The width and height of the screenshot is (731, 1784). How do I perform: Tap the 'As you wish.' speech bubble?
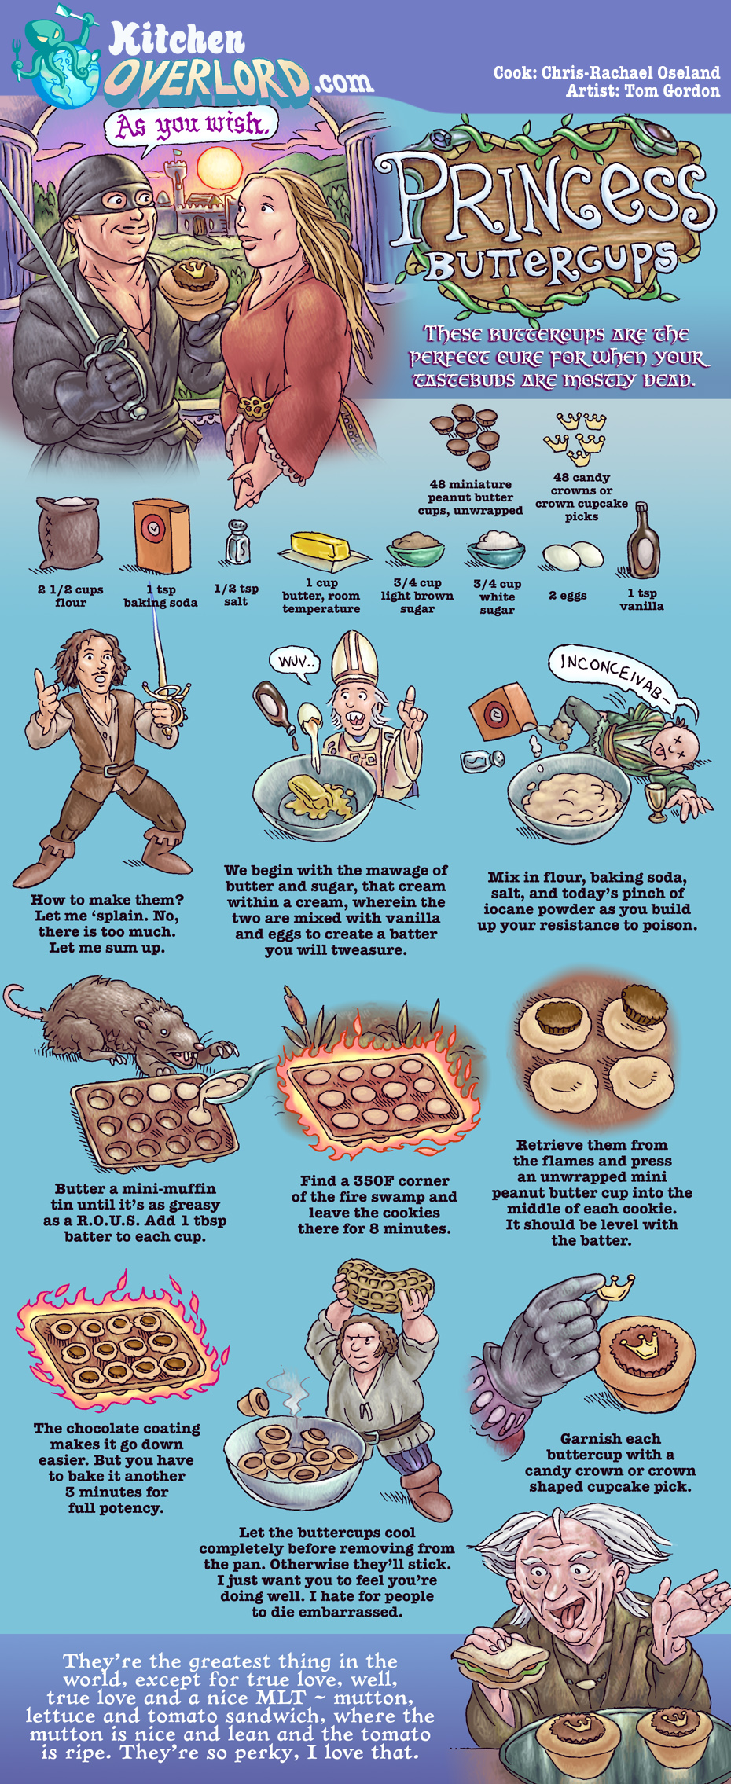pyautogui.click(x=193, y=126)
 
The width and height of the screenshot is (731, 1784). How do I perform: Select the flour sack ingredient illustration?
pyautogui.click(x=70, y=533)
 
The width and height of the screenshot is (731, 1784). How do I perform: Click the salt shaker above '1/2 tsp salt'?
pyautogui.click(x=238, y=542)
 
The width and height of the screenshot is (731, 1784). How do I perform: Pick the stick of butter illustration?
pyautogui.click(x=324, y=549)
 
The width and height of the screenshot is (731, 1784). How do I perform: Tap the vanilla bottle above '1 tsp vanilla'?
pyautogui.click(x=642, y=542)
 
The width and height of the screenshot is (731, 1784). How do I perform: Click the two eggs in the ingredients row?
pyautogui.click(x=572, y=556)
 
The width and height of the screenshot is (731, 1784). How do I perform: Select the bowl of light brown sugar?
pyautogui.click(x=415, y=549)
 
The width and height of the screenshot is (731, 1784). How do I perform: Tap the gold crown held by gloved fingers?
pyautogui.click(x=617, y=1287)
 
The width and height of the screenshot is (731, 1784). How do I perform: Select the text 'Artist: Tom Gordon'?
pyautogui.click(x=642, y=90)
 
